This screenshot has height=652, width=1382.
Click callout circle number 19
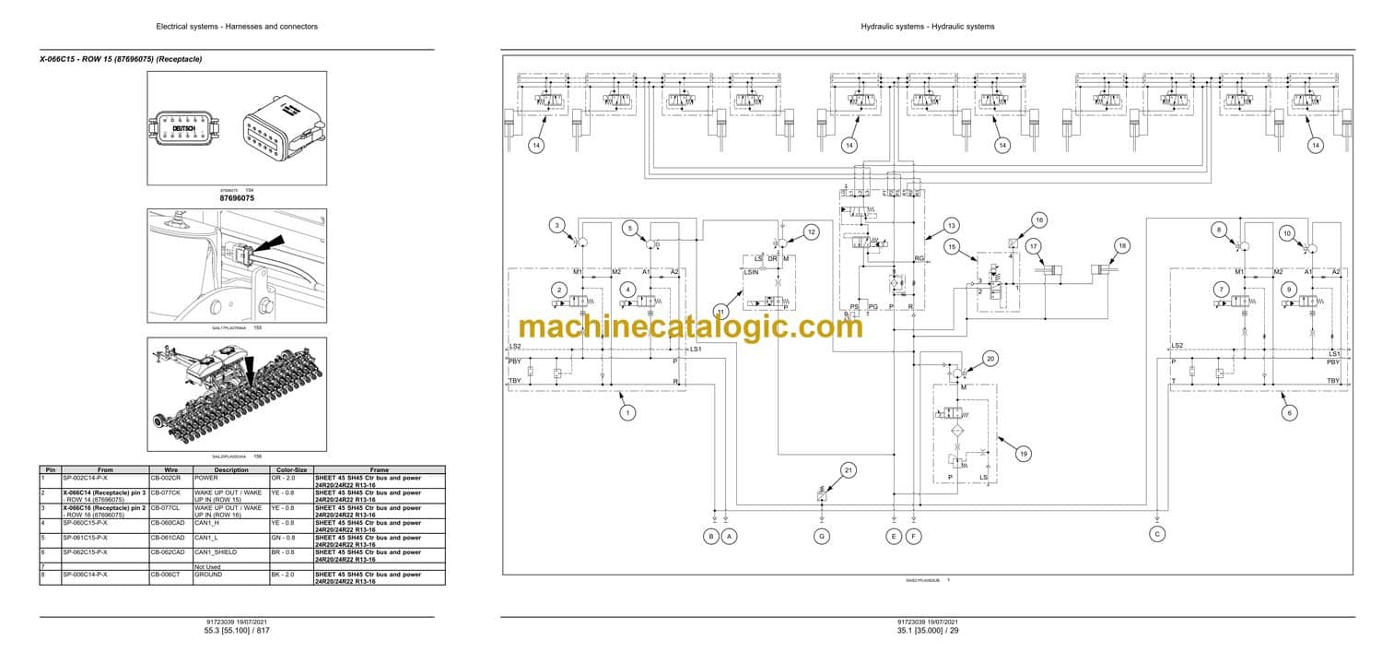point(1022,453)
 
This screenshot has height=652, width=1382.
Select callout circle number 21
point(849,470)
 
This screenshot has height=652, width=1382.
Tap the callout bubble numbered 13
point(951,226)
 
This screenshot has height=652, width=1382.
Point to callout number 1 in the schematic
point(627,413)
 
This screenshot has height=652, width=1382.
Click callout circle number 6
point(1289,413)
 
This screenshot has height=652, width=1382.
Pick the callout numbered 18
point(1121,245)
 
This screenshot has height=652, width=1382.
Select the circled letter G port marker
point(821,535)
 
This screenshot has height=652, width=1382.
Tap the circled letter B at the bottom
point(710,535)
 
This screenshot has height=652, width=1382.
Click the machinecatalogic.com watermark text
point(691,326)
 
